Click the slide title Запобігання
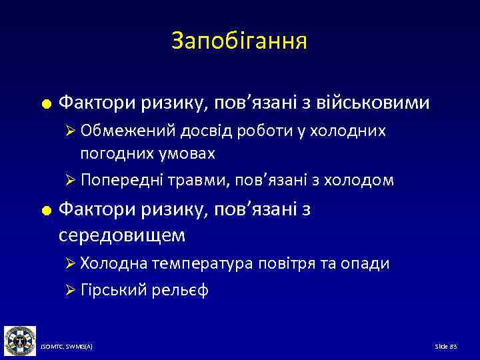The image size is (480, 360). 239,41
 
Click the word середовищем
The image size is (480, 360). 123,235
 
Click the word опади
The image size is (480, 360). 366,263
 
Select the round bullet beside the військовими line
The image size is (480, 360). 46,104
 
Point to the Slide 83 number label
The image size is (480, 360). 446,348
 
